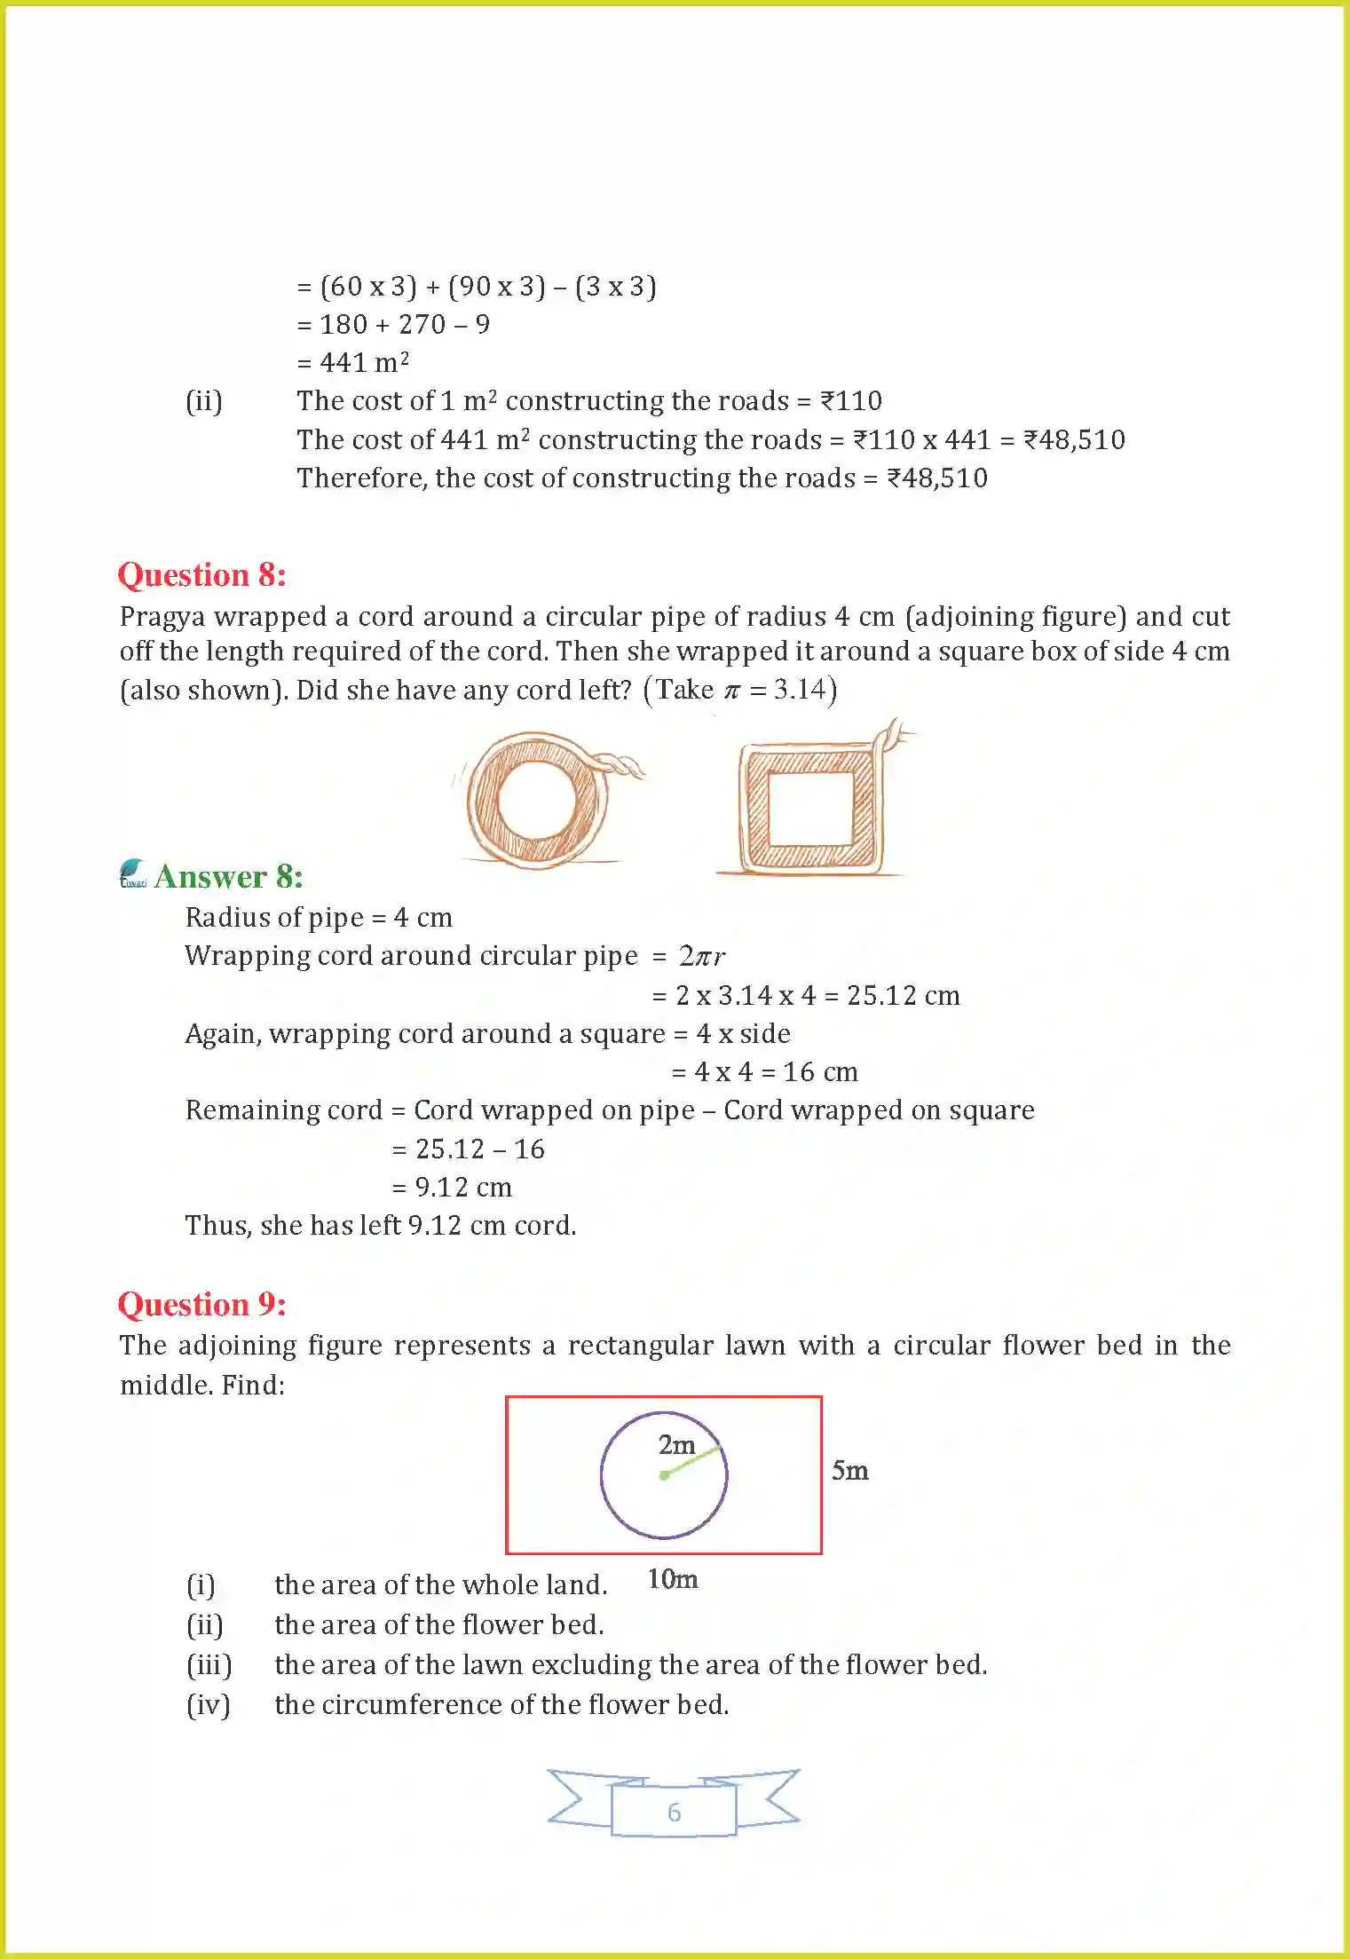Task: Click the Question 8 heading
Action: pyautogui.click(x=201, y=575)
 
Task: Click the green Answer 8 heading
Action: pyautogui.click(x=228, y=877)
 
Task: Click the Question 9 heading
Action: pyautogui.click(x=201, y=1305)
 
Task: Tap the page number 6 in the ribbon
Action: pyautogui.click(x=674, y=1812)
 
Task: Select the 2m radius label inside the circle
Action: pyautogui.click(x=675, y=1446)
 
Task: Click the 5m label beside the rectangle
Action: pyautogui.click(x=849, y=1471)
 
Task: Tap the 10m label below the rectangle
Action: pyautogui.click(x=672, y=1579)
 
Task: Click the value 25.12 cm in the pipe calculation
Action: pyautogui.click(x=903, y=996)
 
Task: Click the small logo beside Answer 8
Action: pyautogui.click(x=133, y=873)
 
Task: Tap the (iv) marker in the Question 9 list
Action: pyautogui.click(x=209, y=1705)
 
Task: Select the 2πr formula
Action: pyautogui.click(x=702, y=956)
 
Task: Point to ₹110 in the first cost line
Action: pyautogui.click(x=850, y=401)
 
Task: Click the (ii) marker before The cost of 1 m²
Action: pyautogui.click(x=203, y=402)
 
